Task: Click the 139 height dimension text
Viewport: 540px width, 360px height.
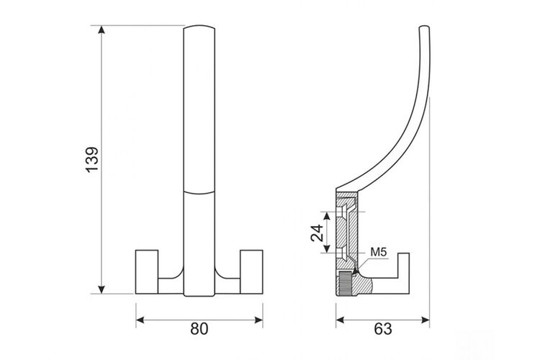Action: pos(92,160)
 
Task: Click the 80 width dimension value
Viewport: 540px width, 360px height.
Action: pos(199,329)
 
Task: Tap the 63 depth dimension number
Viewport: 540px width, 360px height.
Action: pos(382,329)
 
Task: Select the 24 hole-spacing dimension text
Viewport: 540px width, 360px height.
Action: pos(318,232)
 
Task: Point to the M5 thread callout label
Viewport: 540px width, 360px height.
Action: pos(379,252)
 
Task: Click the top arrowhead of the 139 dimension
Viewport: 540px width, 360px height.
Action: pos(102,30)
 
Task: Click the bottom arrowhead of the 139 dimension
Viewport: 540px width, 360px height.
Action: pos(102,289)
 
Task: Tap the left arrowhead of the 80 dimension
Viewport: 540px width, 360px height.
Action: pos(140,320)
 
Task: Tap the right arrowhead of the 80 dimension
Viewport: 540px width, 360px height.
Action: pos(258,320)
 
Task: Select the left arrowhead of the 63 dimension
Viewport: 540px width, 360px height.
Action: pos(341,320)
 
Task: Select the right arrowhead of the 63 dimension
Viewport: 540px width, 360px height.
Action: pos(426,320)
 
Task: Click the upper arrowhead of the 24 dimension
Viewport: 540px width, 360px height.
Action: pos(327,216)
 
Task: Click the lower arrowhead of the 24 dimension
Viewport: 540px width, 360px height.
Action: pos(327,248)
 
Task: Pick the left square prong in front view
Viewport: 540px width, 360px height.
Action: pos(147,271)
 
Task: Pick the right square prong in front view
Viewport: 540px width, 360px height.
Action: pos(251,271)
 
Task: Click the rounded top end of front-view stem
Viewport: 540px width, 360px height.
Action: pos(199,27)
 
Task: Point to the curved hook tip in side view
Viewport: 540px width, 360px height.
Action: pos(424,27)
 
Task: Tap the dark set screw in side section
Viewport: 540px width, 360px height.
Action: pos(345,283)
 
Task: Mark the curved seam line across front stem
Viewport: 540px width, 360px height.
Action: pos(199,193)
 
